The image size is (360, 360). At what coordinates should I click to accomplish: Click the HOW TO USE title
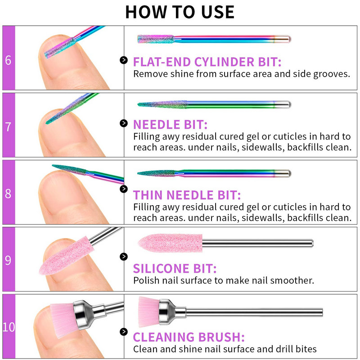point(180,12)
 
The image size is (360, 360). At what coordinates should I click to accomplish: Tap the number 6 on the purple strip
point(8,60)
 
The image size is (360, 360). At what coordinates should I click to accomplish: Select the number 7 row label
point(8,127)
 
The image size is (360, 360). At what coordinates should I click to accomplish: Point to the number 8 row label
point(8,193)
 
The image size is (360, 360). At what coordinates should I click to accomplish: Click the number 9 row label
point(8,260)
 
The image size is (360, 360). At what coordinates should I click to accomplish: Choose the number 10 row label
point(9,327)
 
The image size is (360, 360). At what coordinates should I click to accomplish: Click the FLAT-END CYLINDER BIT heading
point(207,62)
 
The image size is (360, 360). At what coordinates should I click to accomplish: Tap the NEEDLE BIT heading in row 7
point(170,125)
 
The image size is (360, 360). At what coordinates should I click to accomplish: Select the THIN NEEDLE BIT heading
point(187,195)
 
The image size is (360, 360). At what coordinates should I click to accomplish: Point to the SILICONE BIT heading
point(175,269)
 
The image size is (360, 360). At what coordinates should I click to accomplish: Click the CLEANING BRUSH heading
point(189,337)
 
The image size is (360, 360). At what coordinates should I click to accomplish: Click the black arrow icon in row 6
point(124,60)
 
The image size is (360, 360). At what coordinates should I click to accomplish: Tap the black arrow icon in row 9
point(124,256)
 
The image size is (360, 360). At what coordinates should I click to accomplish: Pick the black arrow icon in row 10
point(124,332)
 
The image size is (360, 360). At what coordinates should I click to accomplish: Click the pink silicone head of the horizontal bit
point(171,243)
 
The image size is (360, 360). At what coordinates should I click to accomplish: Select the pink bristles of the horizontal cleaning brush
point(149,311)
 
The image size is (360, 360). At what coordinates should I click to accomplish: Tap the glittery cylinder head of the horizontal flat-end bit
point(156,39)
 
